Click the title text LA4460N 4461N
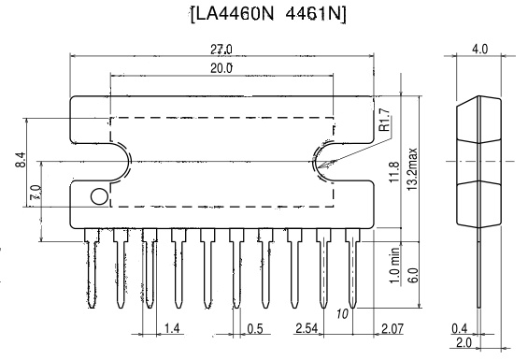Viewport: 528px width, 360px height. (268, 15)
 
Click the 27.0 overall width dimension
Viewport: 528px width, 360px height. (221, 50)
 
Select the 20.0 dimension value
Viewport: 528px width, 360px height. (221, 68)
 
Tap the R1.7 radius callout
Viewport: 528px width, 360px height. (384, 120)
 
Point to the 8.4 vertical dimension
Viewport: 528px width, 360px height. (20, 160)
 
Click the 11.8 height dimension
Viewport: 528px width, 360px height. (394, 172)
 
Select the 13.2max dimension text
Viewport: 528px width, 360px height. (412, 169)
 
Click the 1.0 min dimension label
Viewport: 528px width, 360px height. (395, 266)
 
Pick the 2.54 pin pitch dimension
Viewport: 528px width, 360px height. (307, 327)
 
